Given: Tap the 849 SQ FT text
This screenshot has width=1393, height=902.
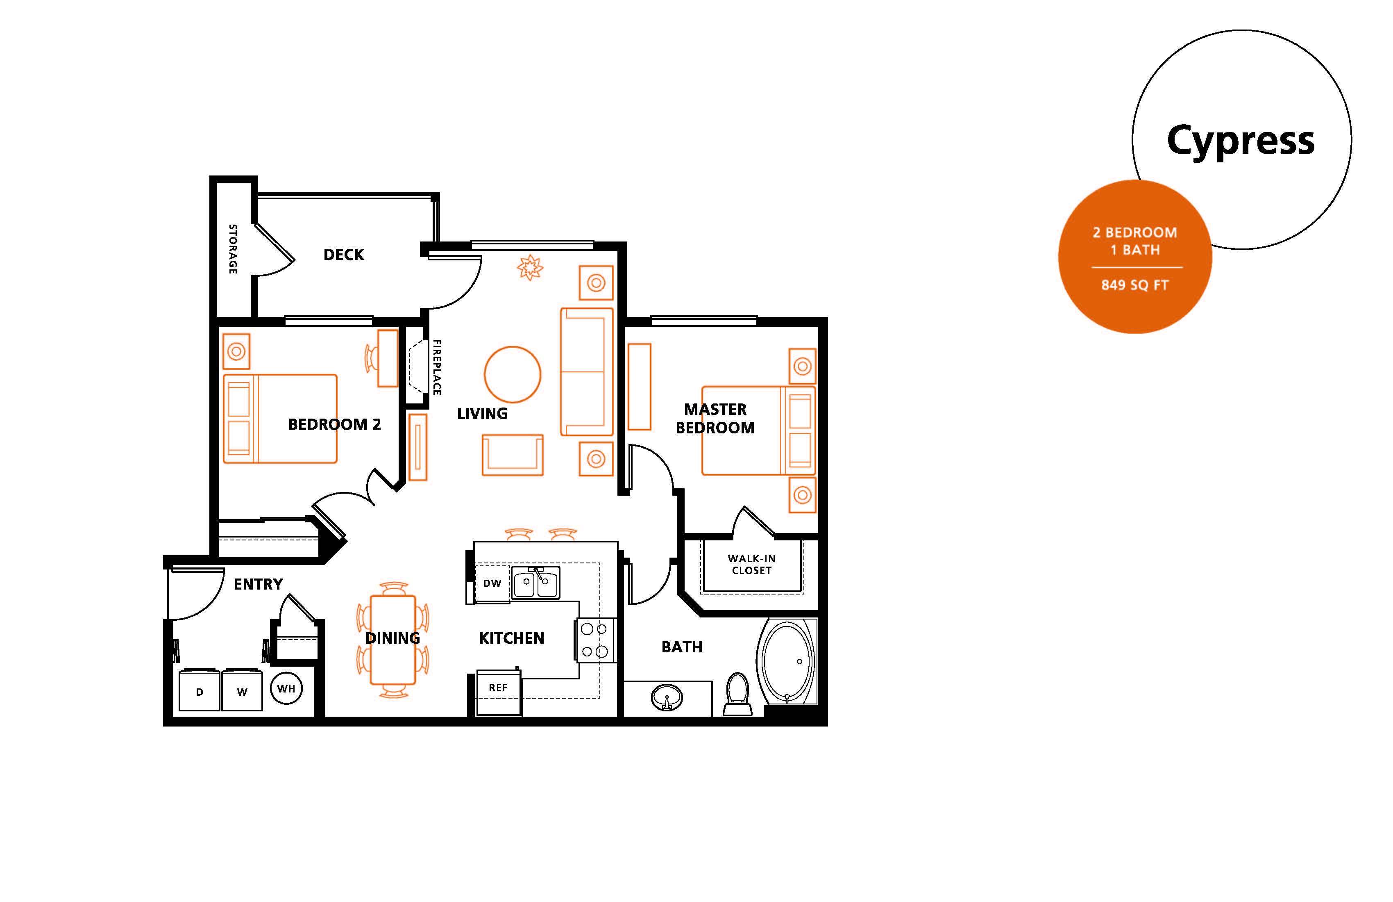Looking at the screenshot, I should pyautogui.click(x=1134, y=285).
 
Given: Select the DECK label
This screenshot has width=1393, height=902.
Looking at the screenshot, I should pyautogui.click(x=344, y=255).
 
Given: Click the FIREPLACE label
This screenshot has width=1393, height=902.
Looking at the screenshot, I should pyautogui.click(x=437, y=367).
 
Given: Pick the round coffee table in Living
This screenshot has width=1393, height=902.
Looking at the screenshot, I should pyautogui.click(x=512, y=375).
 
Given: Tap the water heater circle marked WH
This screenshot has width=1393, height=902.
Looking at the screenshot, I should pyautogui.click(x=286, y=689).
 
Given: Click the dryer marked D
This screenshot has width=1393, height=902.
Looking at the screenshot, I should pyautogui.click(x=199, y=691).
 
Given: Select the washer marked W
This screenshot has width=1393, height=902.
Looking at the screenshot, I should pyautogui.click(x=242, y=691).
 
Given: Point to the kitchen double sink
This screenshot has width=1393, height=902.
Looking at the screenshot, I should pyautogui.click(x=535, y=583).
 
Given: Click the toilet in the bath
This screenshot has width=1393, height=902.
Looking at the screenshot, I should pyautogui.click(x=737, y=694).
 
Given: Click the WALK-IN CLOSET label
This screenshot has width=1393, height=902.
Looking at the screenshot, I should pyautogui.click(x=751, y=565).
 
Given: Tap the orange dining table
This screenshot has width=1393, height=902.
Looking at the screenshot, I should pyautogui.click(x=393, y=640).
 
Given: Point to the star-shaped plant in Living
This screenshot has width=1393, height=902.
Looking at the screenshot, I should pyautogui.click(x=530, y=268).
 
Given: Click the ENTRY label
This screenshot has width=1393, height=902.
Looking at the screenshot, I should pyautogui.click(x=258, y=584).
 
